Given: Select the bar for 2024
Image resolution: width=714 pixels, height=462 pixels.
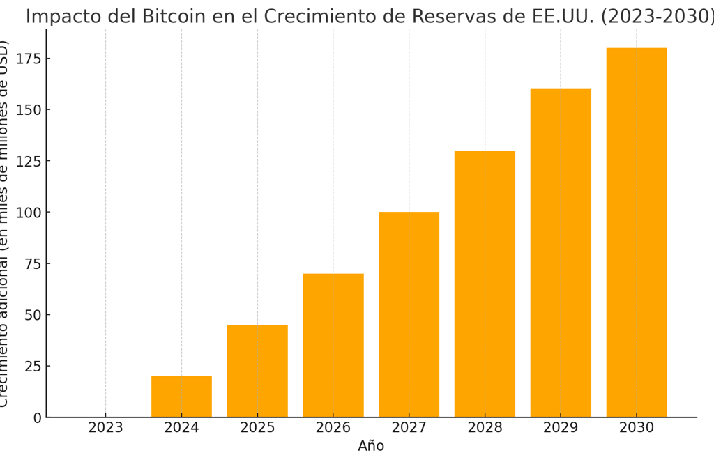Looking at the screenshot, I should point(181,396).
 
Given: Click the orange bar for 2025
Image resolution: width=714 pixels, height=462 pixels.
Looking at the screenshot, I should point(257,371).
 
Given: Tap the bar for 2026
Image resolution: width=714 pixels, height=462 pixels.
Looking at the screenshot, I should point(333,345).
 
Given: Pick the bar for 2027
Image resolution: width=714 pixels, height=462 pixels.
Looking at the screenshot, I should point(409,314).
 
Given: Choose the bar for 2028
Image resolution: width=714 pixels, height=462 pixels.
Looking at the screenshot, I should point(485,284).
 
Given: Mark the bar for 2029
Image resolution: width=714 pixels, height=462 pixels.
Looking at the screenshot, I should point(561,253).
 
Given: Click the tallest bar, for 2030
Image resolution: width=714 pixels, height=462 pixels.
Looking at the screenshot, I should point(636,232).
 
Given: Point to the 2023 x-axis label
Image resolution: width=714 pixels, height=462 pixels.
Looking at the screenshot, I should point(106,428).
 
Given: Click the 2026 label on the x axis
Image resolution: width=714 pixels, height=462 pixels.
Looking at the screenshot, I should point(333,428).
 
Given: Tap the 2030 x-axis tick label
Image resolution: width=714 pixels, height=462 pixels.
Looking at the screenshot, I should point(636,428).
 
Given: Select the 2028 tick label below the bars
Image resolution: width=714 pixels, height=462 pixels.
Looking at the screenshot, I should point(485,428).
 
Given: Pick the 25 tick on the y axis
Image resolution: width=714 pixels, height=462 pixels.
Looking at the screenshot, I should point(33,367).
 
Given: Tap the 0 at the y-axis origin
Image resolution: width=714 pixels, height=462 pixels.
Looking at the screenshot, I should point(38,417).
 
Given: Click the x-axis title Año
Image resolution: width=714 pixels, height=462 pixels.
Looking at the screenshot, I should point(371,447).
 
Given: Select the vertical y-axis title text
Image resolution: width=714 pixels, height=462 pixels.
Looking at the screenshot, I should point(6,223).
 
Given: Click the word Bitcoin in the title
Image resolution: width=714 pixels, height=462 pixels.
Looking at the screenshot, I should point(171,17).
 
